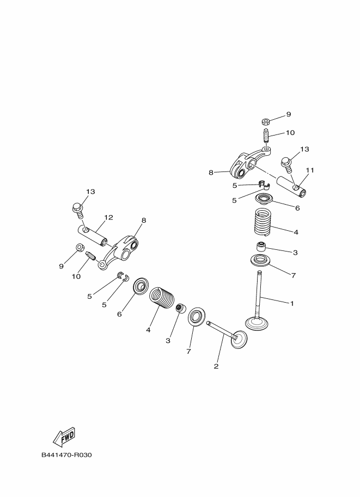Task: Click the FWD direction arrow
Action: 64,435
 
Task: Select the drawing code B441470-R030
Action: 66,455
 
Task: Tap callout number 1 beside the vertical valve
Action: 292,303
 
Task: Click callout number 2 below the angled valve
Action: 216,366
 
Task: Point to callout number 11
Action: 310,170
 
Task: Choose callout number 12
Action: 108,217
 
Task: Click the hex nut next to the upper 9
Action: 266,121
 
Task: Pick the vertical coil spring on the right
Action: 263,222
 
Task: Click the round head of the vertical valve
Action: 257,324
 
